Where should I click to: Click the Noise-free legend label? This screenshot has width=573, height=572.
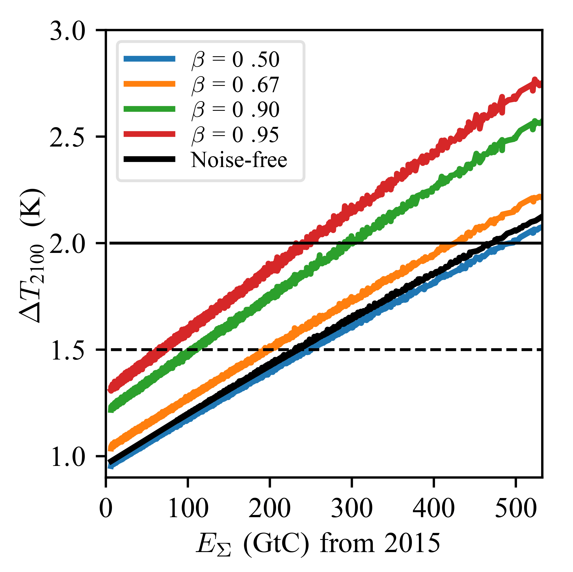click(x=239, y=160)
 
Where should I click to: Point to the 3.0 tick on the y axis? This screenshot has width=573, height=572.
click(x=68, y=31)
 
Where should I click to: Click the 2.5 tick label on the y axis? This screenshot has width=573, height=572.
click(x=68, y=137)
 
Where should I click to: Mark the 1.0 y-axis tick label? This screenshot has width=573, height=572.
click(x=68, y=456)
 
